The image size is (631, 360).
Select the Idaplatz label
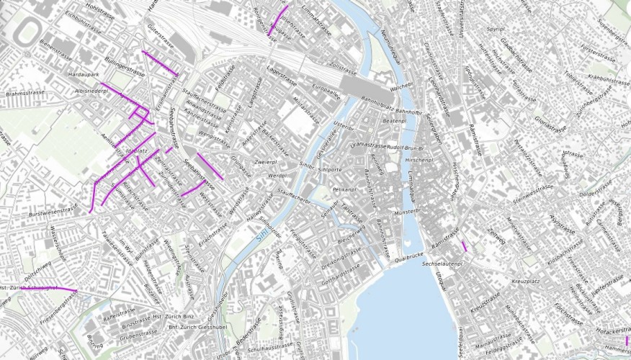click(136, 150)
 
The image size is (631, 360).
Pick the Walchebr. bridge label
click(399, 87)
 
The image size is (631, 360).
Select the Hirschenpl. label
click(419, 159)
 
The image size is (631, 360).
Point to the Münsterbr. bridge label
click(407, 212)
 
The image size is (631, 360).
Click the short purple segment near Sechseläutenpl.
click(465, 246)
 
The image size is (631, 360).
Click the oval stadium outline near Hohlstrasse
click(29, 30)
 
